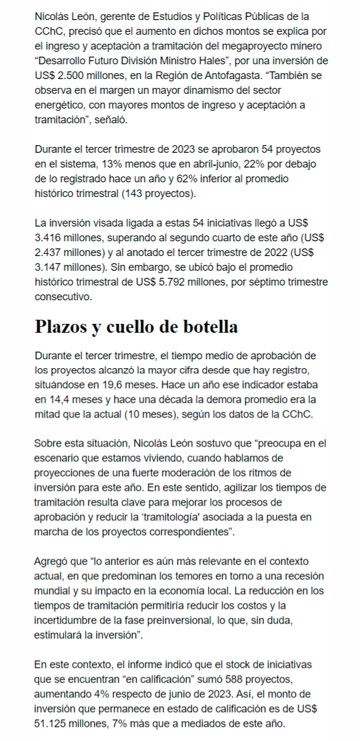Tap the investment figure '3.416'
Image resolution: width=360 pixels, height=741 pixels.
[49, 237]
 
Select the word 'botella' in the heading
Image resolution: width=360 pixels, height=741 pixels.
[206, 326]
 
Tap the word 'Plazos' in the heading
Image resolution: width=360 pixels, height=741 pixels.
[60, 326]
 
